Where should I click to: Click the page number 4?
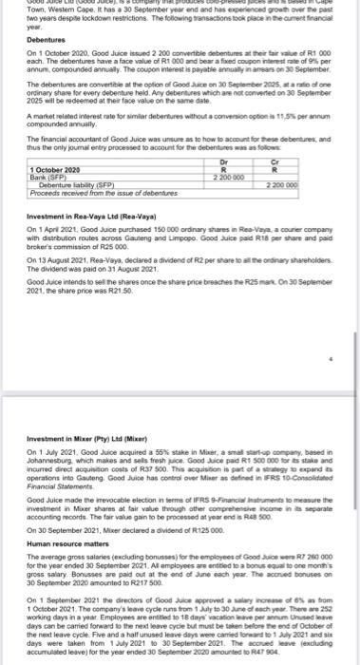330,335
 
